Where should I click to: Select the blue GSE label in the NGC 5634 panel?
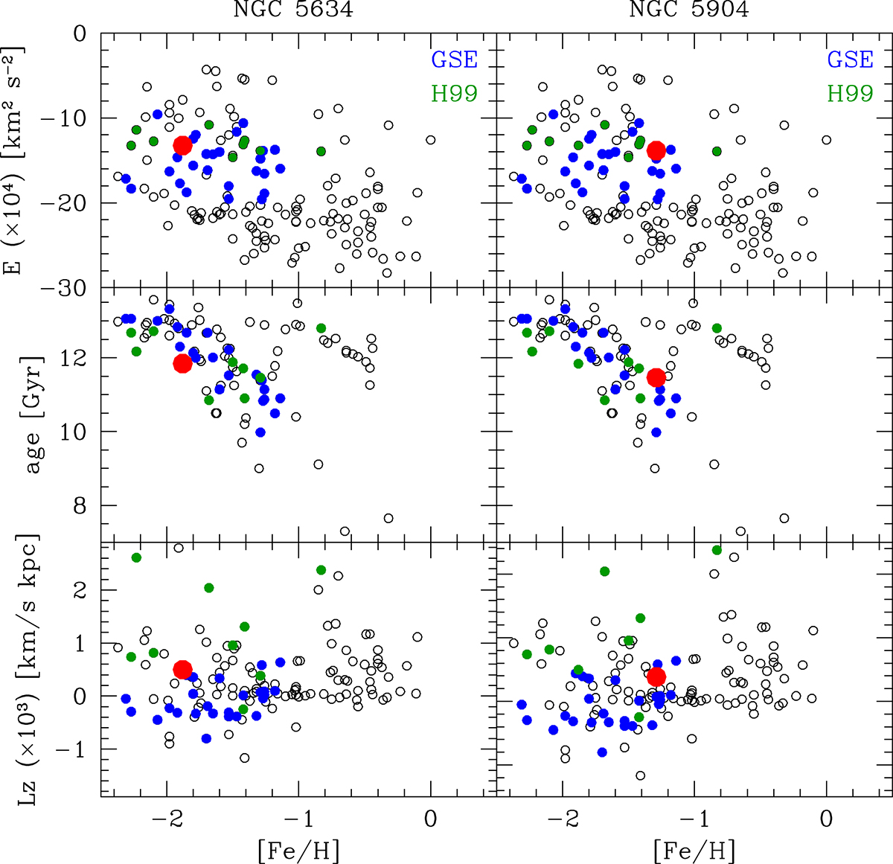click(x=454, y=60)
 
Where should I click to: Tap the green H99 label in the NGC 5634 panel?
click(x=454, y=93)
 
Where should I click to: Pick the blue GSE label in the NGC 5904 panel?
click(x=850, y=60)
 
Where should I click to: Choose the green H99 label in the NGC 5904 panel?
click(x=850, y=93)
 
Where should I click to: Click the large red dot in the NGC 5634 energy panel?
click(x=183, y=145)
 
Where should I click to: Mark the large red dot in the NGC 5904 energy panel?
click(x=656, y=150)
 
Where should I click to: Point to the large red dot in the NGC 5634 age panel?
click(x=182, y=363)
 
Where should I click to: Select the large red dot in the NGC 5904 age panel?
click(x=656, y=377)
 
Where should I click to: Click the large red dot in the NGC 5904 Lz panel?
click(x=656, y=676)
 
